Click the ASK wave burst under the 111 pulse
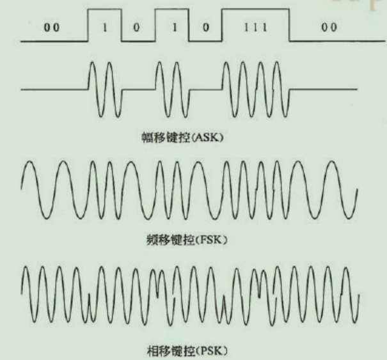point(256,90)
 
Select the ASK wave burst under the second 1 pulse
point(171,90)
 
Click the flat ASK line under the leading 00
point(54,90)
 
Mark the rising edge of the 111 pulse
point(221,26)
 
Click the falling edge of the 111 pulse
point(289,26)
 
